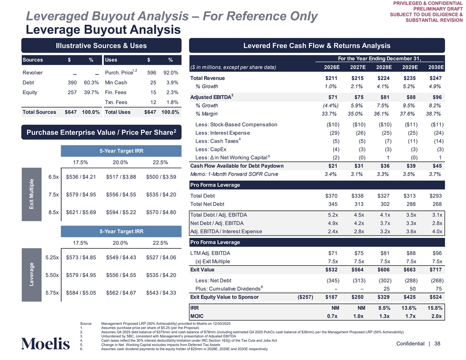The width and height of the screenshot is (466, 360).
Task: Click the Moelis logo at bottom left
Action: click(x=45, y=343)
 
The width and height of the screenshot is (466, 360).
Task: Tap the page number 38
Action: click(x=437, y=343)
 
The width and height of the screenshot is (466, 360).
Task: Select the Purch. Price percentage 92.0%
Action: click(x=170, y=73)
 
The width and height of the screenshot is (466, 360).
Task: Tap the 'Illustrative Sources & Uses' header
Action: click(x=101, y=45)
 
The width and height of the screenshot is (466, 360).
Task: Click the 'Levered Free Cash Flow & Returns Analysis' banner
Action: click(x=316, y=45)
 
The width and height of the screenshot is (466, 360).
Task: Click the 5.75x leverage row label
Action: click(x=53, y=293)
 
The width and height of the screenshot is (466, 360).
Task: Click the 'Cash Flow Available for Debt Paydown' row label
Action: click(x=237, y=166)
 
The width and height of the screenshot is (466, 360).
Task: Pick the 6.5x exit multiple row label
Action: click(x=53, y=177)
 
